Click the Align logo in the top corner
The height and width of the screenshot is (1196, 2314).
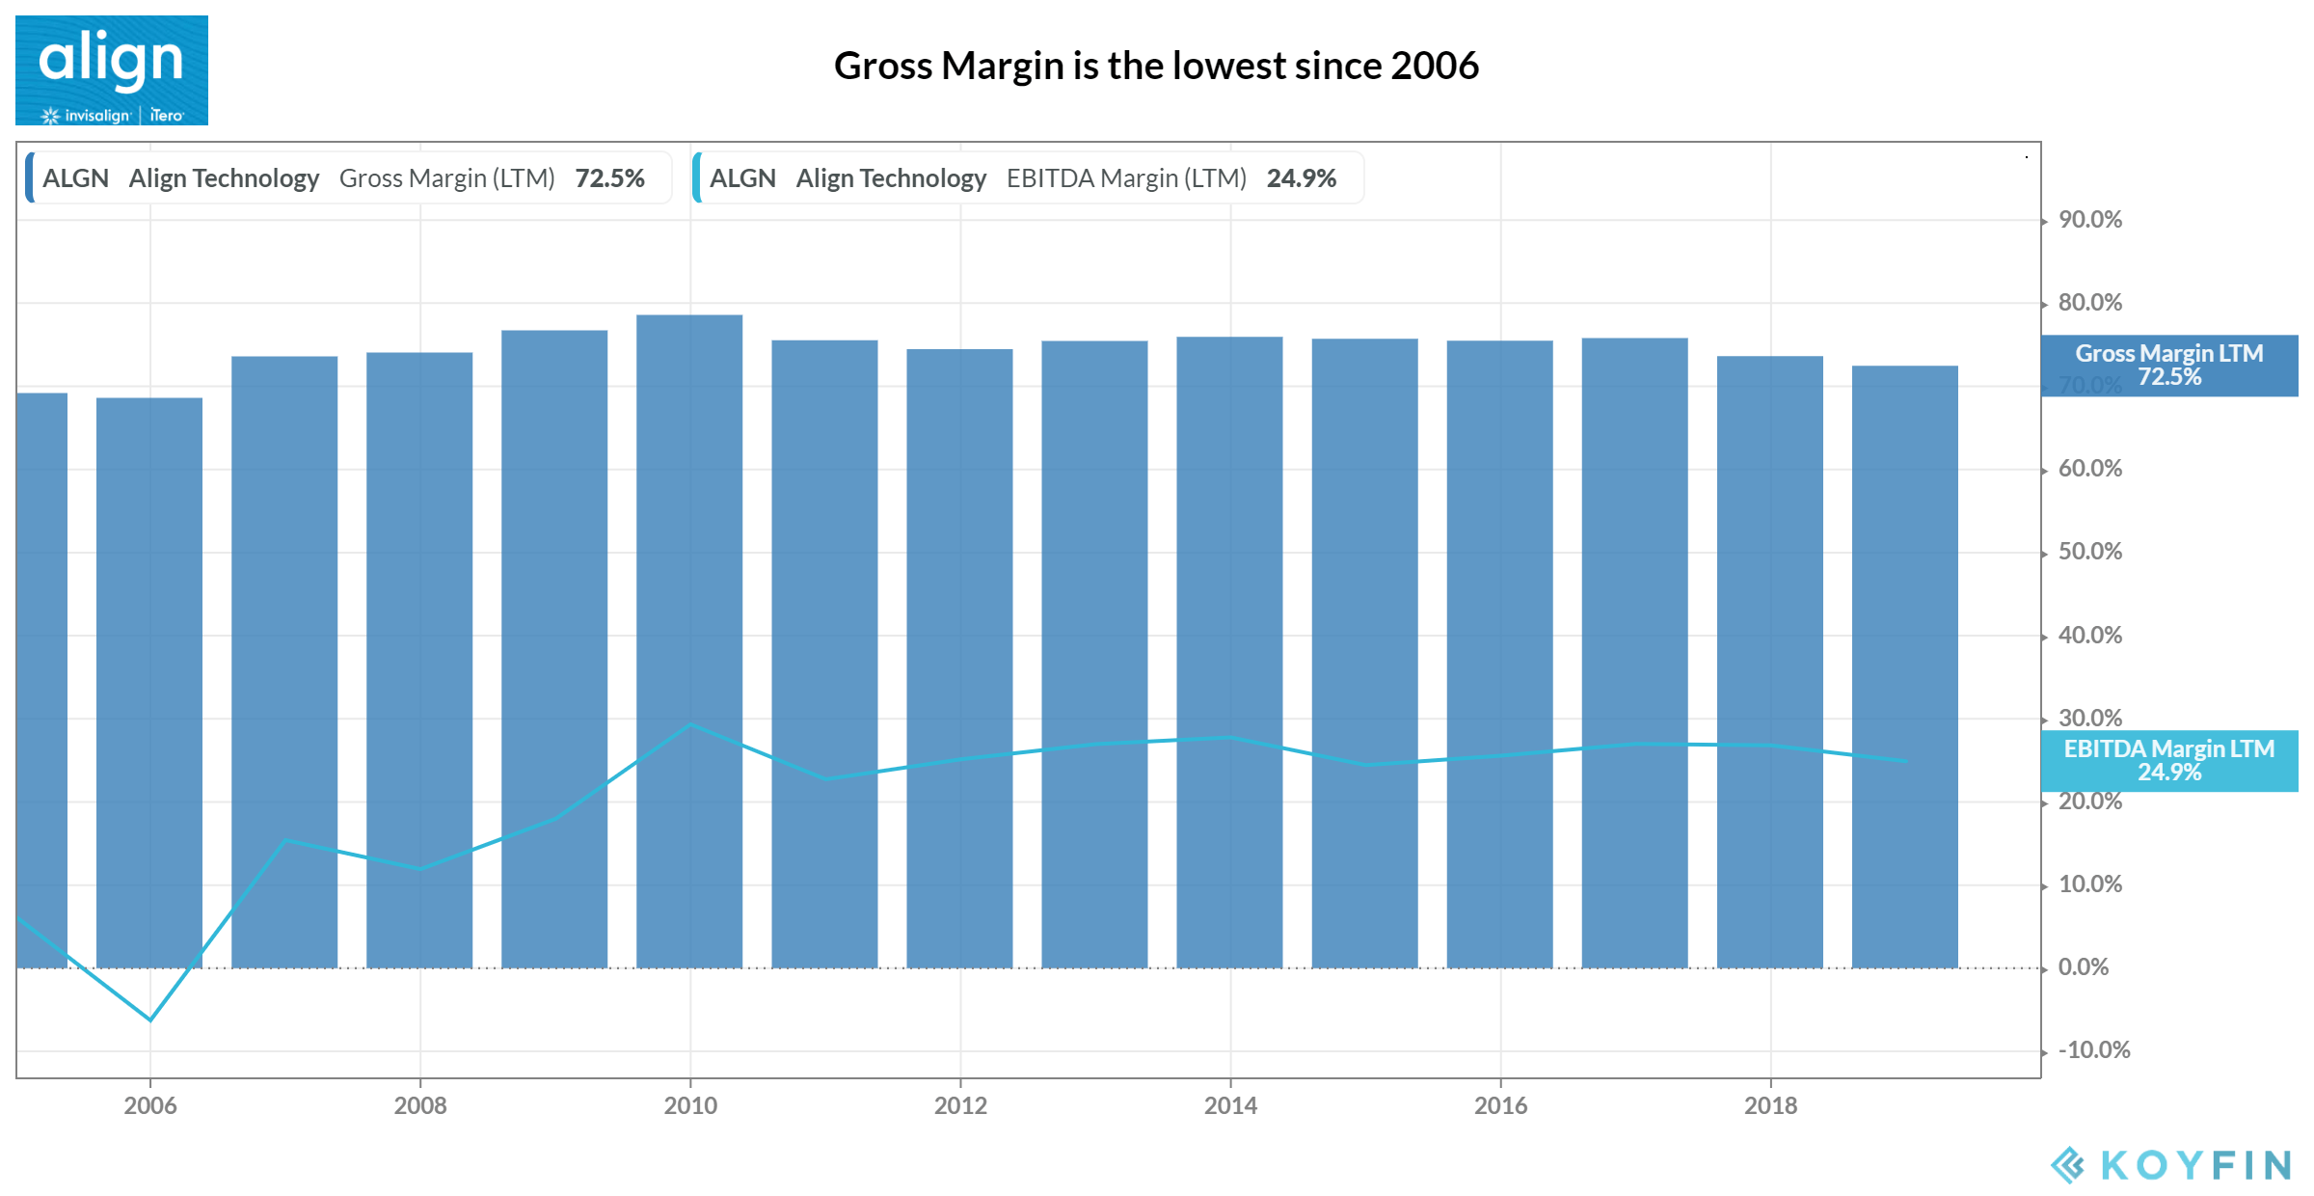point(111,69)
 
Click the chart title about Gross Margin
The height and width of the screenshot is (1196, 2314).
point(1155,66)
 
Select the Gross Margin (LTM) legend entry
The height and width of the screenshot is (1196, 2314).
point(347,178)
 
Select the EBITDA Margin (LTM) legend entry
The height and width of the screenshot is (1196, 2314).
point(1027,178)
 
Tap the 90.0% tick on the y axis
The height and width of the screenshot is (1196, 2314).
point(2089,220)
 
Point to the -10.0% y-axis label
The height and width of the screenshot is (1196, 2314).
point(2093,1050)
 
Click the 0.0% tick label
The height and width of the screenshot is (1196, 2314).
point(2083,967)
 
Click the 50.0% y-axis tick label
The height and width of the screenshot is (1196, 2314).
point(2089,552)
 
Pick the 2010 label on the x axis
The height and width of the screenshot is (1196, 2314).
point(690,1105)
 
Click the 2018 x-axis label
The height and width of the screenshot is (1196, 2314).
point(1770,1105)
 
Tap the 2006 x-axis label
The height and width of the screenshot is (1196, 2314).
point(150,1105)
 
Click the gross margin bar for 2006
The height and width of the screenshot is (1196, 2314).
point(149,675)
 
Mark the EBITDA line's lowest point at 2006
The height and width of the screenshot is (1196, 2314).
point(150,1019)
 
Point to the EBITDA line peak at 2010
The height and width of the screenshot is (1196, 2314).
point(690,724)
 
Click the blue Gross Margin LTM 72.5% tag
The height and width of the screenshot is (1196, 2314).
point(2169,366)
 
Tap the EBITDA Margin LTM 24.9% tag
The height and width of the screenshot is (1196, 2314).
point(2169,761)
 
